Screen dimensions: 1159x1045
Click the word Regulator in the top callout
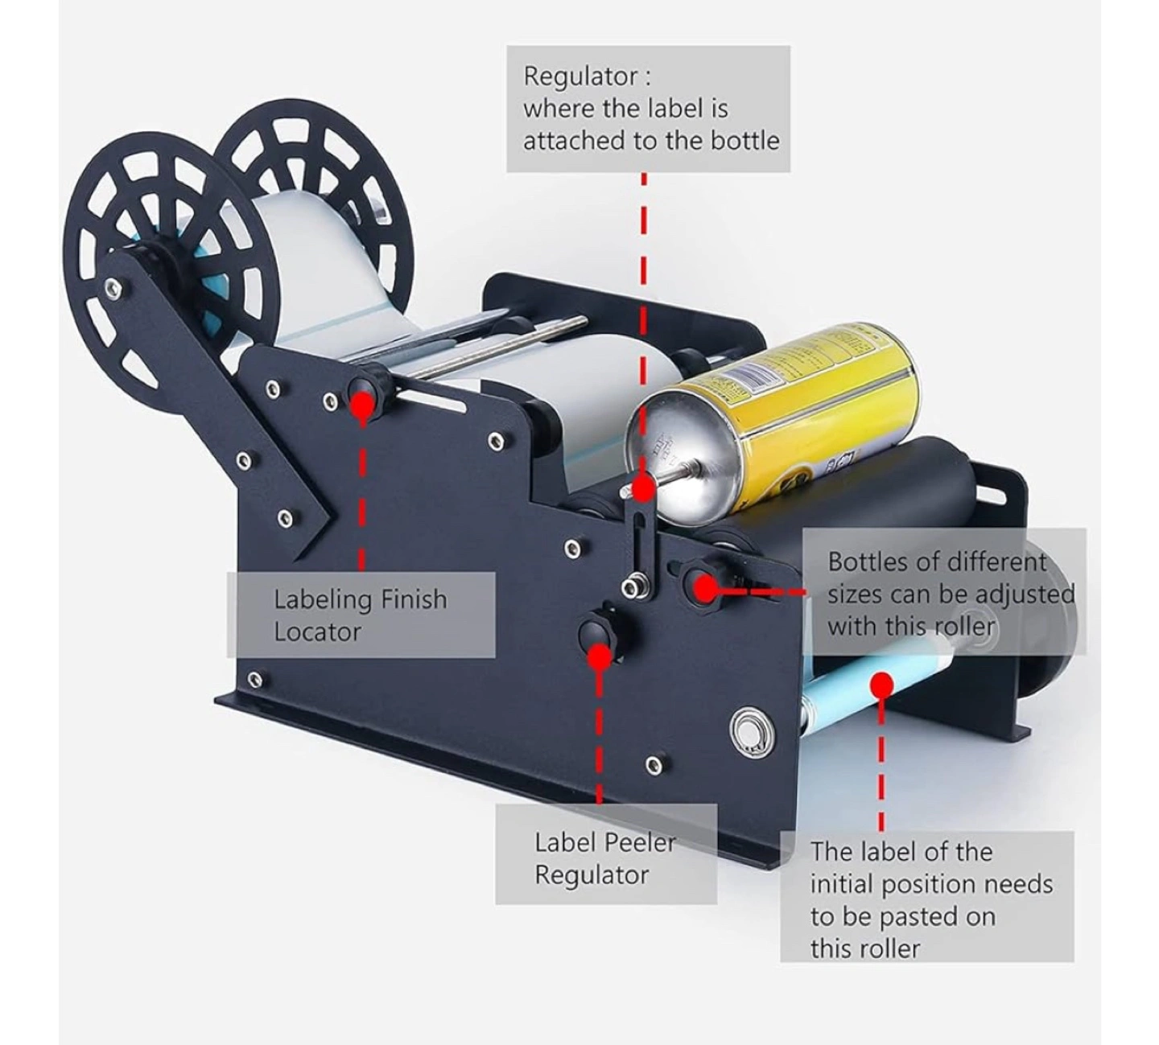[x=580, y=77]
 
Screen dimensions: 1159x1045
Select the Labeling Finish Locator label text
[x=360, y=615]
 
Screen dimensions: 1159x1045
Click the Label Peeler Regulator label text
[x=604, y=858]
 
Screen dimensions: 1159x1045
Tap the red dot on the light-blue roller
[x=881, y=685]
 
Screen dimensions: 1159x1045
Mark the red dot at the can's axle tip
[x=643, y=490]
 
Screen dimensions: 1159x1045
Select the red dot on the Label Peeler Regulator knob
[x=600, y=656]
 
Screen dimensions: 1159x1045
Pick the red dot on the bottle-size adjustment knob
[x=704, y=589]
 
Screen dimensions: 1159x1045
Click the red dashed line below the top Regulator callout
[x=644, y=323]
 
